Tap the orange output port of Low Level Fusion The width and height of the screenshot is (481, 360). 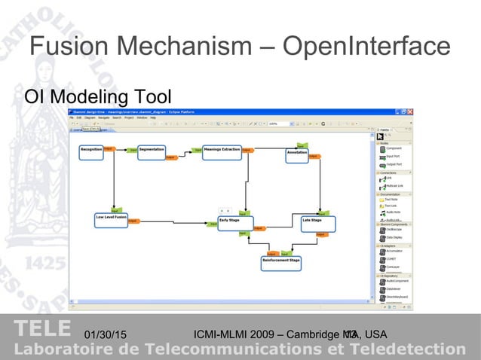coord(133,221)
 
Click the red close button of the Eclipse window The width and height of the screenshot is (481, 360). coord(410,111)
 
